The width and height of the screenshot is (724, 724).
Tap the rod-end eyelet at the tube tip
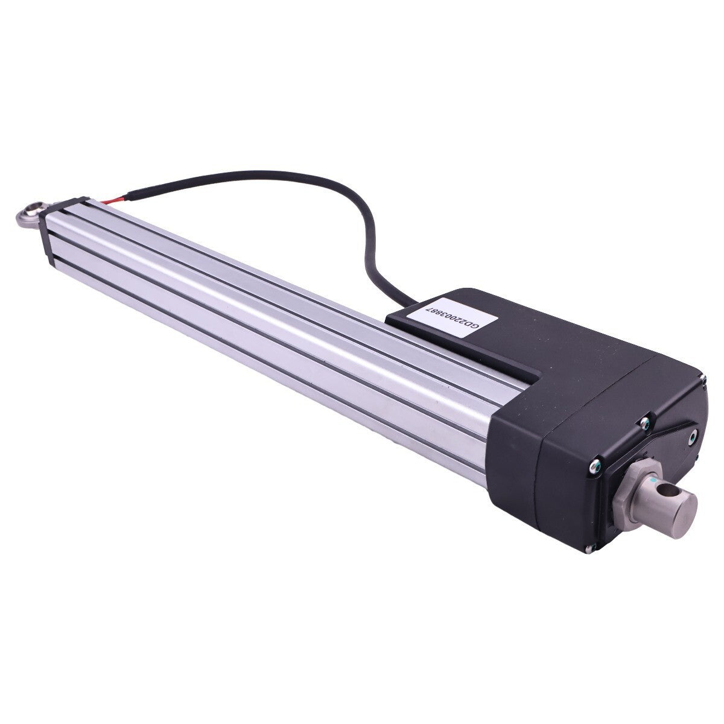tap(32, 215)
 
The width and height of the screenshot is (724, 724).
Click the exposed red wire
tap(114, 200)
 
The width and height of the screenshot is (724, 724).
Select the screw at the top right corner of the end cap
tap(703, 378)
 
